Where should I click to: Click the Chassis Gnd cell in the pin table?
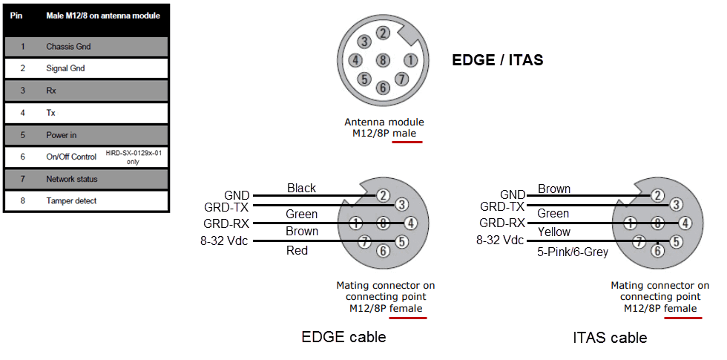click(x=68, y=47)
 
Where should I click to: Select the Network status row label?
click(x=71, y=179)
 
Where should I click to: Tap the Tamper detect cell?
click(x=71, y=200)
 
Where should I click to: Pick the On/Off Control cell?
click(x=71, y=157)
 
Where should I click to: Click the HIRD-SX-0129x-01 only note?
click(x=133, y=157)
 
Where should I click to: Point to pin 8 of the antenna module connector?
click(x=382, y=60)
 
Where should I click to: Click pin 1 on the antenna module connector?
click(x=409, y=60)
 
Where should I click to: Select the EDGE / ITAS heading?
click(x=497, y=60)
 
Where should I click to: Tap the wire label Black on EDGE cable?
click(x=301, y=189)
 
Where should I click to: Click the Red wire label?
click(x=297, y=251)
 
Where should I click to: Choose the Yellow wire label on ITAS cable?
click(x=554, y=232)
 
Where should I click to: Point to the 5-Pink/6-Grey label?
click(x=573, y=252)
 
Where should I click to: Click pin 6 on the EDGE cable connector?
click(x=383, y=251)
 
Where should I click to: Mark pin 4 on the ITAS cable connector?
click(x=685, y=222)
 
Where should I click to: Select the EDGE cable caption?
click(x=343, y=337)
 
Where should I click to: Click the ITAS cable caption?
click(x=610, y=338)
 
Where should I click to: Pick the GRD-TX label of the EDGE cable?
click(x=227, y=208)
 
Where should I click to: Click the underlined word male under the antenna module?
click(x=405, y=134)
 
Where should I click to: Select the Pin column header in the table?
click(x=16, y=16)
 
